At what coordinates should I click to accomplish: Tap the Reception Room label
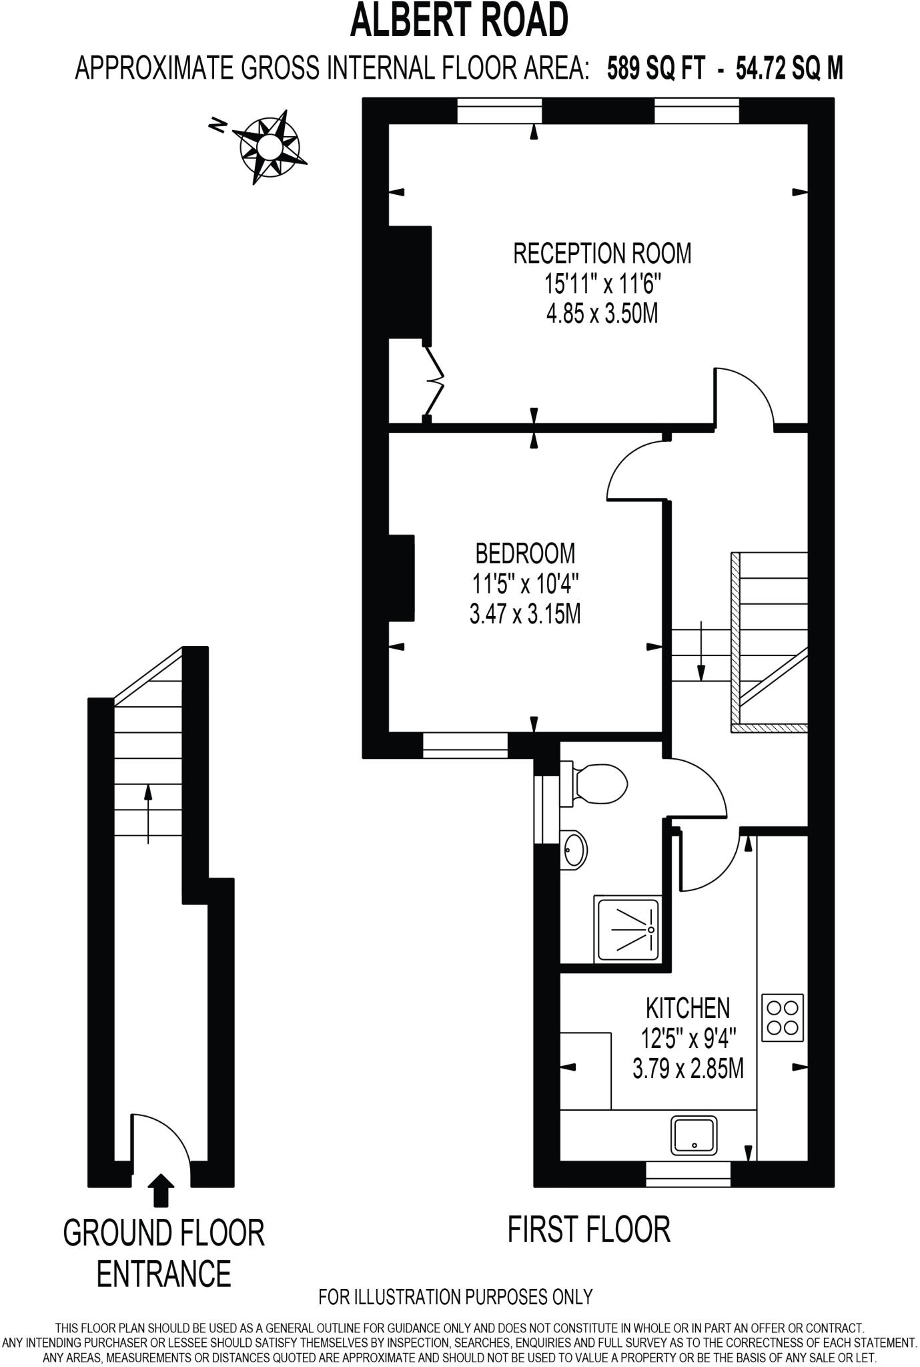coord(602,254)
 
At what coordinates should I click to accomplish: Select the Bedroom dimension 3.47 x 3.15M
coord(525,613)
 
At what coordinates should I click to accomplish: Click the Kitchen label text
coord(687,1007)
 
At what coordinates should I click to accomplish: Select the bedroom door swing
coord(637,471)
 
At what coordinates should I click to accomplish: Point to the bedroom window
coord(465,745)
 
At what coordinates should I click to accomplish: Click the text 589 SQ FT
coord(654,69)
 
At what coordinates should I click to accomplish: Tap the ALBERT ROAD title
coord(459,20)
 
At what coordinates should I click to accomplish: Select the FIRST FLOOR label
coord(588,1229)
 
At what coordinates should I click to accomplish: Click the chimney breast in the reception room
coord(410,283)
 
